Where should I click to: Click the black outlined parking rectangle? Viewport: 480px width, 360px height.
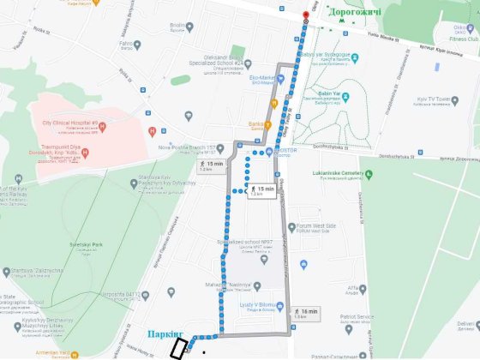click(x=180, y=349)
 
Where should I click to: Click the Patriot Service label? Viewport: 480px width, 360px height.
click(x=353, y=317)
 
